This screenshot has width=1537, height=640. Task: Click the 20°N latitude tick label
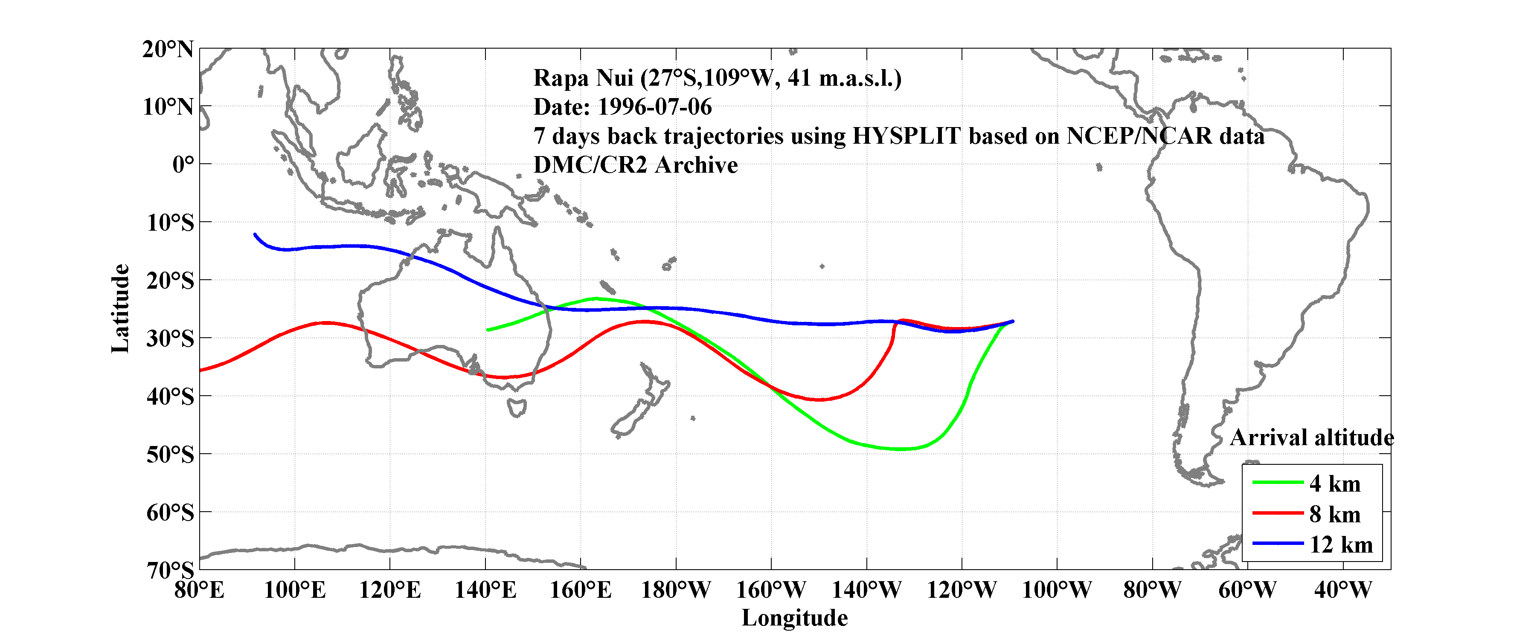(168, 49)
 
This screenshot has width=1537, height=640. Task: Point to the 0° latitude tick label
(183, 164)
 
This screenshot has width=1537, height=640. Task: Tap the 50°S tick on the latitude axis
(170, 455)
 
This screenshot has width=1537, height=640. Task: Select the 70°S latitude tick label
(170, 570)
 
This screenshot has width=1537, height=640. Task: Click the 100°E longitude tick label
(295, 591)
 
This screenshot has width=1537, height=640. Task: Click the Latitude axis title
(120, 308)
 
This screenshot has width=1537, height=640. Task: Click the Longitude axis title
(794, 618)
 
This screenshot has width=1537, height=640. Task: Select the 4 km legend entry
(1335, 484)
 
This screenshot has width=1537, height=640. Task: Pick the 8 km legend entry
(1335, 514)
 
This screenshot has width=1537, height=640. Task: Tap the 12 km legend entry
(1341, 544)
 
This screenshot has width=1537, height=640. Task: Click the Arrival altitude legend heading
(1311, 438)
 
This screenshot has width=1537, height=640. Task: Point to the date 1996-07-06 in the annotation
(654, 107)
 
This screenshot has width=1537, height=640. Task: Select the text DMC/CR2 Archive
(636, 165)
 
